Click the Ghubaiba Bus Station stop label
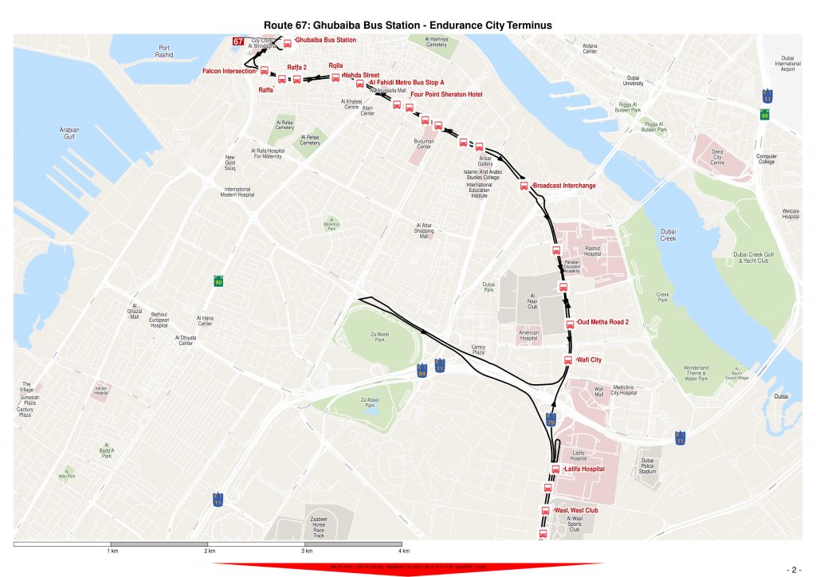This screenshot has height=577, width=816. coord(325,40)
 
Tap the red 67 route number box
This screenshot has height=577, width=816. coord(238,41)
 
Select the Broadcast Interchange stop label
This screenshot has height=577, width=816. coord(563,186)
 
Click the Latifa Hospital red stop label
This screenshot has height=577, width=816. coord(584,469)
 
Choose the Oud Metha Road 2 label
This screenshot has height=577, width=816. coord(602,323)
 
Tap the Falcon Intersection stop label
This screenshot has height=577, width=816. coord(229,71)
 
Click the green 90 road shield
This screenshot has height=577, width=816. coord(218,282)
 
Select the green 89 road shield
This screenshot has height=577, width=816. coord(765,115)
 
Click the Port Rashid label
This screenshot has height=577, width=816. coord(165,52)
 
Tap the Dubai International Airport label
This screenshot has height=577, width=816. coord(787,64)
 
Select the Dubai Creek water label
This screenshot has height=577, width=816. coord(668,235)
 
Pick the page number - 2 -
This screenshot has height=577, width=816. coord(794,570)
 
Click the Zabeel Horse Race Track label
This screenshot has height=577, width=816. coord(319,527)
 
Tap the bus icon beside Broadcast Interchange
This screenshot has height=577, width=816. coord(524,186)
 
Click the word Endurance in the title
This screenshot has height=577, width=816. coord(452,26)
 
